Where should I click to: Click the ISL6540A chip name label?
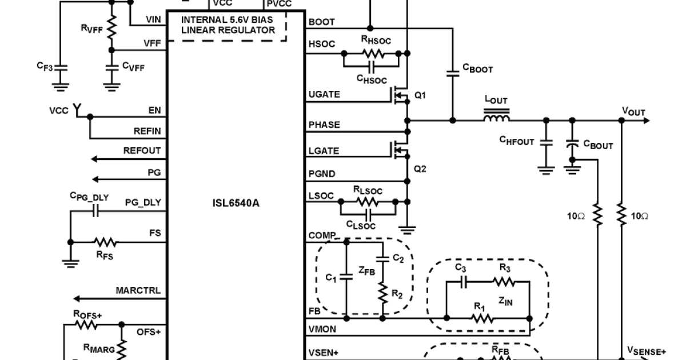(x=236, y=202)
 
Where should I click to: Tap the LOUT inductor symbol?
(x=496, y=119)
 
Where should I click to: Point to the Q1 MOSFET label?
(x=420, y=95)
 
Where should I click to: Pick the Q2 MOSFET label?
(x=420, y=169)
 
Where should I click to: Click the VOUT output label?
(x=633, y=111)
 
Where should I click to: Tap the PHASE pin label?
(x=324, y=125)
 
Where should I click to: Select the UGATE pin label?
(x=324, y=94)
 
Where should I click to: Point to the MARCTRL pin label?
(x=138, y=291)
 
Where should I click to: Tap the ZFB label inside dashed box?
(x=366, y=273)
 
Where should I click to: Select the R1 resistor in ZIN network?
(x=483, y=318)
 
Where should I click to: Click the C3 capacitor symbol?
(x=465, y=281)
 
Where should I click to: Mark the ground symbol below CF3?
(x=59, y=87)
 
